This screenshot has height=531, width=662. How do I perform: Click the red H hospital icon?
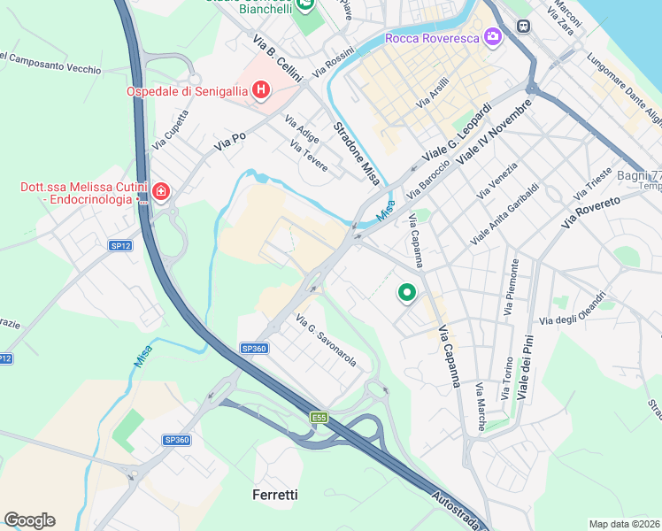(261, 90)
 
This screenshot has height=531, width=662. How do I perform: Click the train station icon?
(523, 27)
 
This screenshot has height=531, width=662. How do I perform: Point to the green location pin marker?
(407, 292)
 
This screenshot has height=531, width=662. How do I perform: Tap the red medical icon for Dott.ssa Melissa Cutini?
(160, 191)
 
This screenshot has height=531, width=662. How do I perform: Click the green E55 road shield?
(319, 417)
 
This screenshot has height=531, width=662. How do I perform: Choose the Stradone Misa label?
(357, 153)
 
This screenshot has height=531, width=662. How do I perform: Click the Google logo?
(29, 519)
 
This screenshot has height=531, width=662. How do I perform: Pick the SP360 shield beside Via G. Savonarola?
(253, 349)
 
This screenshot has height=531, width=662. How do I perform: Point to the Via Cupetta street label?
(171, 129)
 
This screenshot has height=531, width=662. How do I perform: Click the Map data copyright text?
(625, 524)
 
